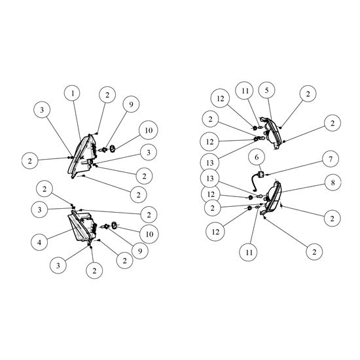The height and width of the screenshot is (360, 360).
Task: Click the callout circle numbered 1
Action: (73, 94)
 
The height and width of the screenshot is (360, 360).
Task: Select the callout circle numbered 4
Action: (39, 242)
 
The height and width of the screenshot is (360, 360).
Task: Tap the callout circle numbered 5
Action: (266, 90)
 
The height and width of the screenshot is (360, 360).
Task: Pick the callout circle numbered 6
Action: (257, 157)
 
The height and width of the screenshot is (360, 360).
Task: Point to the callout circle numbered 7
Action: (331, 158)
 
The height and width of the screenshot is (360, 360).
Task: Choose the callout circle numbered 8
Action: (333, 183)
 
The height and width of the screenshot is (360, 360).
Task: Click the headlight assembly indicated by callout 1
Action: (82, 156)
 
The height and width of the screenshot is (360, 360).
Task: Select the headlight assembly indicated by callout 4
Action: (82, 226)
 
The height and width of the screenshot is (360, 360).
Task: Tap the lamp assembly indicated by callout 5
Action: (271, 133)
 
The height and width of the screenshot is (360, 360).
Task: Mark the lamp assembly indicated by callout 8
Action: (272, 198)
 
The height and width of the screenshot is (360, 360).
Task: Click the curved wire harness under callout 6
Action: (255, 183)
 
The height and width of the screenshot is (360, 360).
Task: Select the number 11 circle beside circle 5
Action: (245, 91)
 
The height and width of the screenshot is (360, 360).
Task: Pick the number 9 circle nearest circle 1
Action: (131, 104)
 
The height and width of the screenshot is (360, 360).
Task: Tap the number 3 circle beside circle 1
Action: (42, 110)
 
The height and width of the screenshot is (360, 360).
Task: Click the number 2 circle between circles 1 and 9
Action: (107, 95)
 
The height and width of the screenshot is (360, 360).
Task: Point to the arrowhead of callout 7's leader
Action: (267, 175)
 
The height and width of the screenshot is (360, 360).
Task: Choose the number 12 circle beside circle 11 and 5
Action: (221, 98)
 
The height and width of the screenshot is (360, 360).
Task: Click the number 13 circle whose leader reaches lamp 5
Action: (210, 163)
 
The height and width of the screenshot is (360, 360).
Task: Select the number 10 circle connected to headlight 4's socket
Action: (149, 234)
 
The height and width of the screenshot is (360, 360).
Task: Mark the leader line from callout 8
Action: (302, 189)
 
